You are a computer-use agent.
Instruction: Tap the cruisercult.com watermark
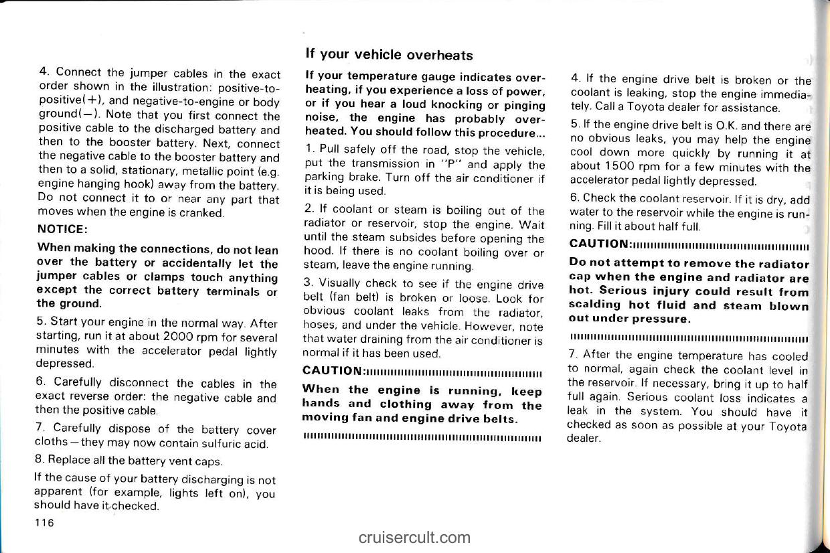tap(414, 537)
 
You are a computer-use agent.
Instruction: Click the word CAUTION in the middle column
tap(333, 370)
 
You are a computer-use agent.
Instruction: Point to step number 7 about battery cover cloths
tap(41, 430)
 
